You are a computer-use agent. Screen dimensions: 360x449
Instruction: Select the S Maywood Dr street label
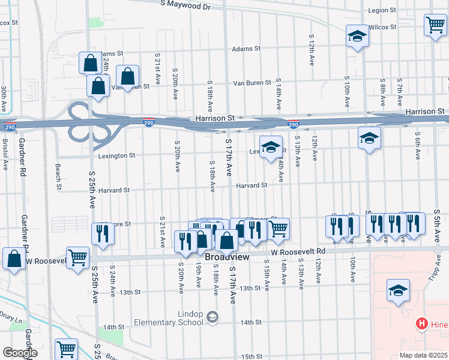point(186,5)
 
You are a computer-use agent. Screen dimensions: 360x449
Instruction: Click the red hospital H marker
point(421,324)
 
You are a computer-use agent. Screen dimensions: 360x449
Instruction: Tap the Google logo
point(19,353)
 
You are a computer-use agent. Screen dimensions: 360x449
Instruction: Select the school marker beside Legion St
point(357,36)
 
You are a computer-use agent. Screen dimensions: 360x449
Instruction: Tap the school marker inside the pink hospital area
point(398,291)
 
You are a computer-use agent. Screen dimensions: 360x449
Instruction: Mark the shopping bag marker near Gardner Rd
point(13,259)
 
